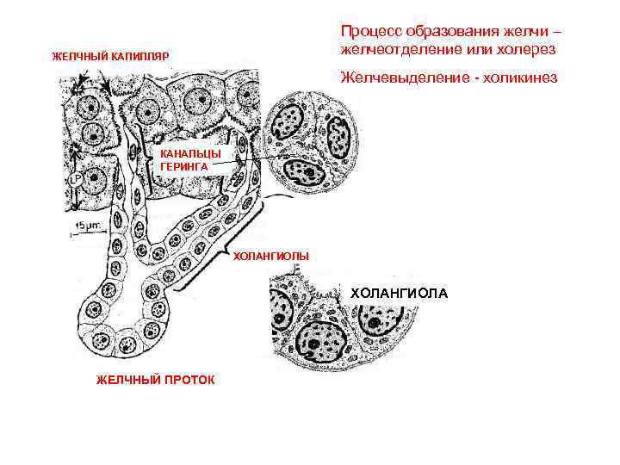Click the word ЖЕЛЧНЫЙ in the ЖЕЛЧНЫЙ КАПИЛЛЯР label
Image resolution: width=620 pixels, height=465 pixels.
(80, 57)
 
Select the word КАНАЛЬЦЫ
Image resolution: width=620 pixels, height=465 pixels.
(184, 154)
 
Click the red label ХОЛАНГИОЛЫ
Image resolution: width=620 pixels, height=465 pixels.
(271, 257)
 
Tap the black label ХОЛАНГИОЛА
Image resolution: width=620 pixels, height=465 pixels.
(399, 293)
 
